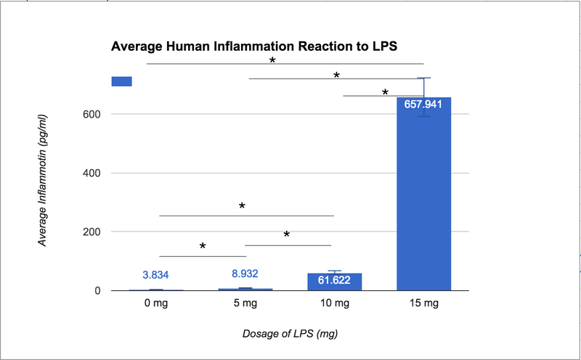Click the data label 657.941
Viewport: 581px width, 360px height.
click(x=423, y=104)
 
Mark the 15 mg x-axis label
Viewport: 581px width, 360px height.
click(x=423, y=305)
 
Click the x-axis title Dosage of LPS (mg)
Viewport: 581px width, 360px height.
click(x=290, y=334)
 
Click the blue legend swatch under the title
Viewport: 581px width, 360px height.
click(x=121, y=81)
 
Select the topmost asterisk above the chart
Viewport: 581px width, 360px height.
click(x=272, y=61)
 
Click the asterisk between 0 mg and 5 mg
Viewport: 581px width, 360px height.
click(x=203, y=247)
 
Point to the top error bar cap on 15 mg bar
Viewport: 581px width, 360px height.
click(x=423, y=78)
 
